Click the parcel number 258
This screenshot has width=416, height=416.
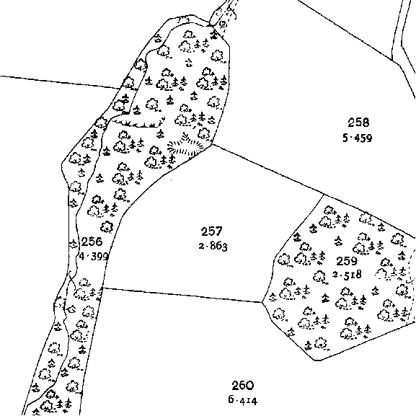(358, 123)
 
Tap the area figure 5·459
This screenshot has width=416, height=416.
(358, 138)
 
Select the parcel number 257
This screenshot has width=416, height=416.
(212, 231)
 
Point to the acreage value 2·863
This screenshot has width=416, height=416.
(213, 246)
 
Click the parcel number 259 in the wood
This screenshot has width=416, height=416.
(347, 261)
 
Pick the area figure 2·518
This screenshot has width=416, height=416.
(347, 275)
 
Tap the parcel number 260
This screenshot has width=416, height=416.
(243, 386)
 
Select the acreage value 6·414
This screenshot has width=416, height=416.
(243, 400)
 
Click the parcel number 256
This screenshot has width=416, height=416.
(92, 242)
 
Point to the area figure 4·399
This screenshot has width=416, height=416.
(94, 256)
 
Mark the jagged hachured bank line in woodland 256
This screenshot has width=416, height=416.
(138, 123)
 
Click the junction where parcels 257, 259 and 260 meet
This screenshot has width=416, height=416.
(262, 302)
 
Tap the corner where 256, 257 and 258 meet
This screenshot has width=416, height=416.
(212, 145)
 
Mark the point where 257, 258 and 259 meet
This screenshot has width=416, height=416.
(324, 195)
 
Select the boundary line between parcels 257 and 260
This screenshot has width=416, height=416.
(182, 295)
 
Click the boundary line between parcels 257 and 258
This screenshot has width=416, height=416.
(268, 169)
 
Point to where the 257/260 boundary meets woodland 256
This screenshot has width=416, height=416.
(103, 288)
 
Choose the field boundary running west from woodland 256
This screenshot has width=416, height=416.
(61, 82)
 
